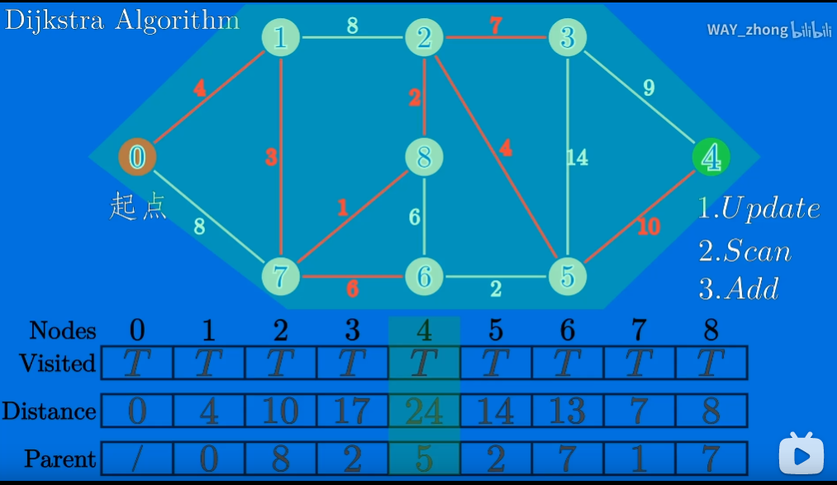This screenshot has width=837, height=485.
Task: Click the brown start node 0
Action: pyautogui.click(x=138, y=156)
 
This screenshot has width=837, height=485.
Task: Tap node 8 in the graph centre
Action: pyautogui.click(x=425, y=157)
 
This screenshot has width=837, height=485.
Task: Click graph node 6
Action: pyautogui.click(x=424, y=276)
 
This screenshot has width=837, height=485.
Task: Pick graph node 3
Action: pyautogui.click(x=567, y=37)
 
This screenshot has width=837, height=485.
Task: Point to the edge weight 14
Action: pyautogui.click(x=577, y=157)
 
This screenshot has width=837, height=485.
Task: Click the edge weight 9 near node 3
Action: pyautogui.click(x=649, y=88)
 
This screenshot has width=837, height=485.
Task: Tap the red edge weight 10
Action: pyautogui.click(x=649, y=226)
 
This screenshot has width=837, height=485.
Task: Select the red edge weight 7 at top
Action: pyautogui.click(x=495, y=26)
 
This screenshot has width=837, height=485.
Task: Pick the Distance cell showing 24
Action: pyautogui.click(x=424, y=411)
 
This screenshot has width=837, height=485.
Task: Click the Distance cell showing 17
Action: pyautogui.click(x=352, y=411)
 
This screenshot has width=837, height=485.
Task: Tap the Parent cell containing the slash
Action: pyautogui.click(x=137, y=459)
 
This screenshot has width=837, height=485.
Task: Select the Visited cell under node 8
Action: pyautogui.click(x=711, y=363)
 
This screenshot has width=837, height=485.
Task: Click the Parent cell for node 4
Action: pyautogui.click(x=424, y=459)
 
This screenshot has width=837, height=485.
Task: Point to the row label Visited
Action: pyautogui.click(x=57, y=363)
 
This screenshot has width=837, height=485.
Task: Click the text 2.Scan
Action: pyautogui.click(x=744, y=251)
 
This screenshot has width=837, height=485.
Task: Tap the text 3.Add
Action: pyautogui.click(x=739, y=288)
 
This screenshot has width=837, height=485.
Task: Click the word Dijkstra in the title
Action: pyautogui.click(x=55, y=20)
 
